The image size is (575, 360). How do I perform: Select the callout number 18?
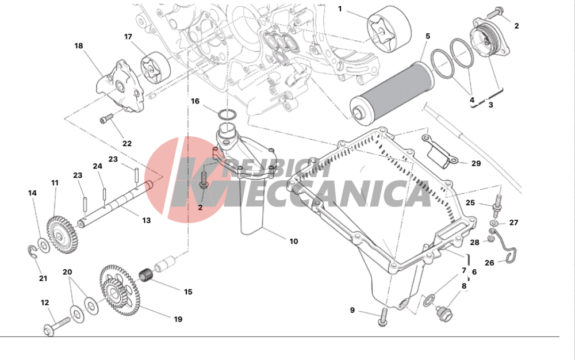(x=79, y=45)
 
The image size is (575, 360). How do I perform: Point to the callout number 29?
(x=476, y=163)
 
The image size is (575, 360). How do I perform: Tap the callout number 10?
(x=293, y=241)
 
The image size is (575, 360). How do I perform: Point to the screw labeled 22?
(x=105, y=120)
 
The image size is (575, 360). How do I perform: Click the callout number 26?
(x=489, y=263)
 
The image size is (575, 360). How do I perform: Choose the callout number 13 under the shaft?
(x=147, y=220)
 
